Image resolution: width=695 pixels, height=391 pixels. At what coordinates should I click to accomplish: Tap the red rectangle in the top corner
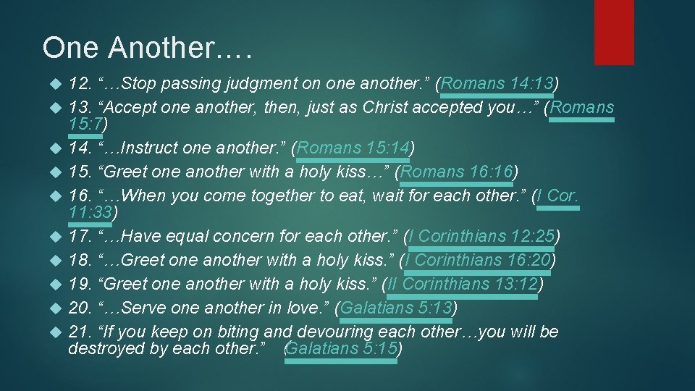coord(614,32)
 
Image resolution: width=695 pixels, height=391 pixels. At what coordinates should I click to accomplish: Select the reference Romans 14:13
coord(497,84)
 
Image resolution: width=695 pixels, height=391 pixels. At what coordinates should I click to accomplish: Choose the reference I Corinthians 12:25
coord(481,236)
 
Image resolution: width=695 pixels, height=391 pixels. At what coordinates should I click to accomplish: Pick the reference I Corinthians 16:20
coord(479,259)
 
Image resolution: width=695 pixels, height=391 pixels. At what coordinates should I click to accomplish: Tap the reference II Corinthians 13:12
coord(463,284)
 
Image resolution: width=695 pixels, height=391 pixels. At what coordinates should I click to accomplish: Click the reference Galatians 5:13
coord(396,308)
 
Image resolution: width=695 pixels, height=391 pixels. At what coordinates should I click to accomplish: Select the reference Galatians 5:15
coord(342,348)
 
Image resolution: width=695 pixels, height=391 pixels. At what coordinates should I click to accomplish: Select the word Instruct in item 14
coord(151,148)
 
